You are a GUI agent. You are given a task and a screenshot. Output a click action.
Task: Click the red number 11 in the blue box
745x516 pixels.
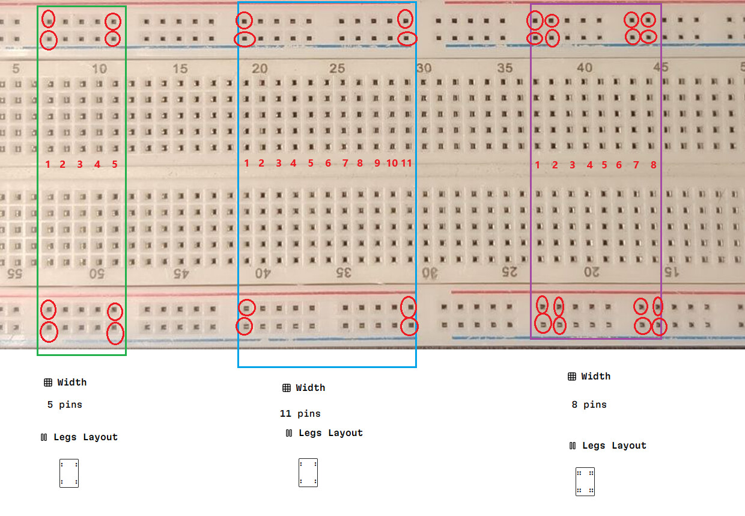point(406,163)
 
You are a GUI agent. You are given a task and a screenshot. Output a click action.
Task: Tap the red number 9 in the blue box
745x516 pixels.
point(377,163)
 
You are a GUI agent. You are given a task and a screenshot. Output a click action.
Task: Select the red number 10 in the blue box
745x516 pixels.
point(392,163)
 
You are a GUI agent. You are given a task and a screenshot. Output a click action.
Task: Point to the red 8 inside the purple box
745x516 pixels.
point(654,165)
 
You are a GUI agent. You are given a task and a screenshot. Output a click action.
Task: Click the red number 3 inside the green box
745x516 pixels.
point(80,164)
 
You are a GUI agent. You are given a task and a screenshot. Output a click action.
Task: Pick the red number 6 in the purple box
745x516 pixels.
point(619,165)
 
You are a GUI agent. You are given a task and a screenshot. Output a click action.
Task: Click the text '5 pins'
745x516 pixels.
point(64,405)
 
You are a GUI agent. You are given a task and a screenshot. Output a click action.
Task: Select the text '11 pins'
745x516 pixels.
point(300,414)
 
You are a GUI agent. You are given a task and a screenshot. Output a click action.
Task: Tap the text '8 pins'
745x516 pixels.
point(589,405)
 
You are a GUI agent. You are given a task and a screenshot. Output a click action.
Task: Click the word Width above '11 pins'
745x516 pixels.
point(310,388)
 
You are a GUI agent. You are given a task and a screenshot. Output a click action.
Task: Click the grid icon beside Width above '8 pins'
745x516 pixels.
point(572,376)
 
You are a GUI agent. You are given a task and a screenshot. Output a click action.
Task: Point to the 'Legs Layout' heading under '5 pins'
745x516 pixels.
point(85,437)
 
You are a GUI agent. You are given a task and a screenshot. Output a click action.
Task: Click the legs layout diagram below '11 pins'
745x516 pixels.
point(308,473)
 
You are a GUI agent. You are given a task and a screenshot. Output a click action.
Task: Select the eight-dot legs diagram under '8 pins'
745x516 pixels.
point(585,482)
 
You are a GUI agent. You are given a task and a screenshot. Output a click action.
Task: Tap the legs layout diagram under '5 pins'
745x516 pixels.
point(69,473)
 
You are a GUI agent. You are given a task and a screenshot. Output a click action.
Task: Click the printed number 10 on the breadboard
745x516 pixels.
point(99,69)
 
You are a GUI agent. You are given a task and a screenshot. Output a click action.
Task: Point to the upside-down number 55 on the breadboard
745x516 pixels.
point(14,274)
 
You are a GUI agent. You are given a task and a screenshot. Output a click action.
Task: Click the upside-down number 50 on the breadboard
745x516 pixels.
point(97,274)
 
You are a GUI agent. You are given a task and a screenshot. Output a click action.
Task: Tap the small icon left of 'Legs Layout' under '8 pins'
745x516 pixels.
point(573,446)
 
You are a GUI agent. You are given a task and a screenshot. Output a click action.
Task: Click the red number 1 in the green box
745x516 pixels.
point(48,164)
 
